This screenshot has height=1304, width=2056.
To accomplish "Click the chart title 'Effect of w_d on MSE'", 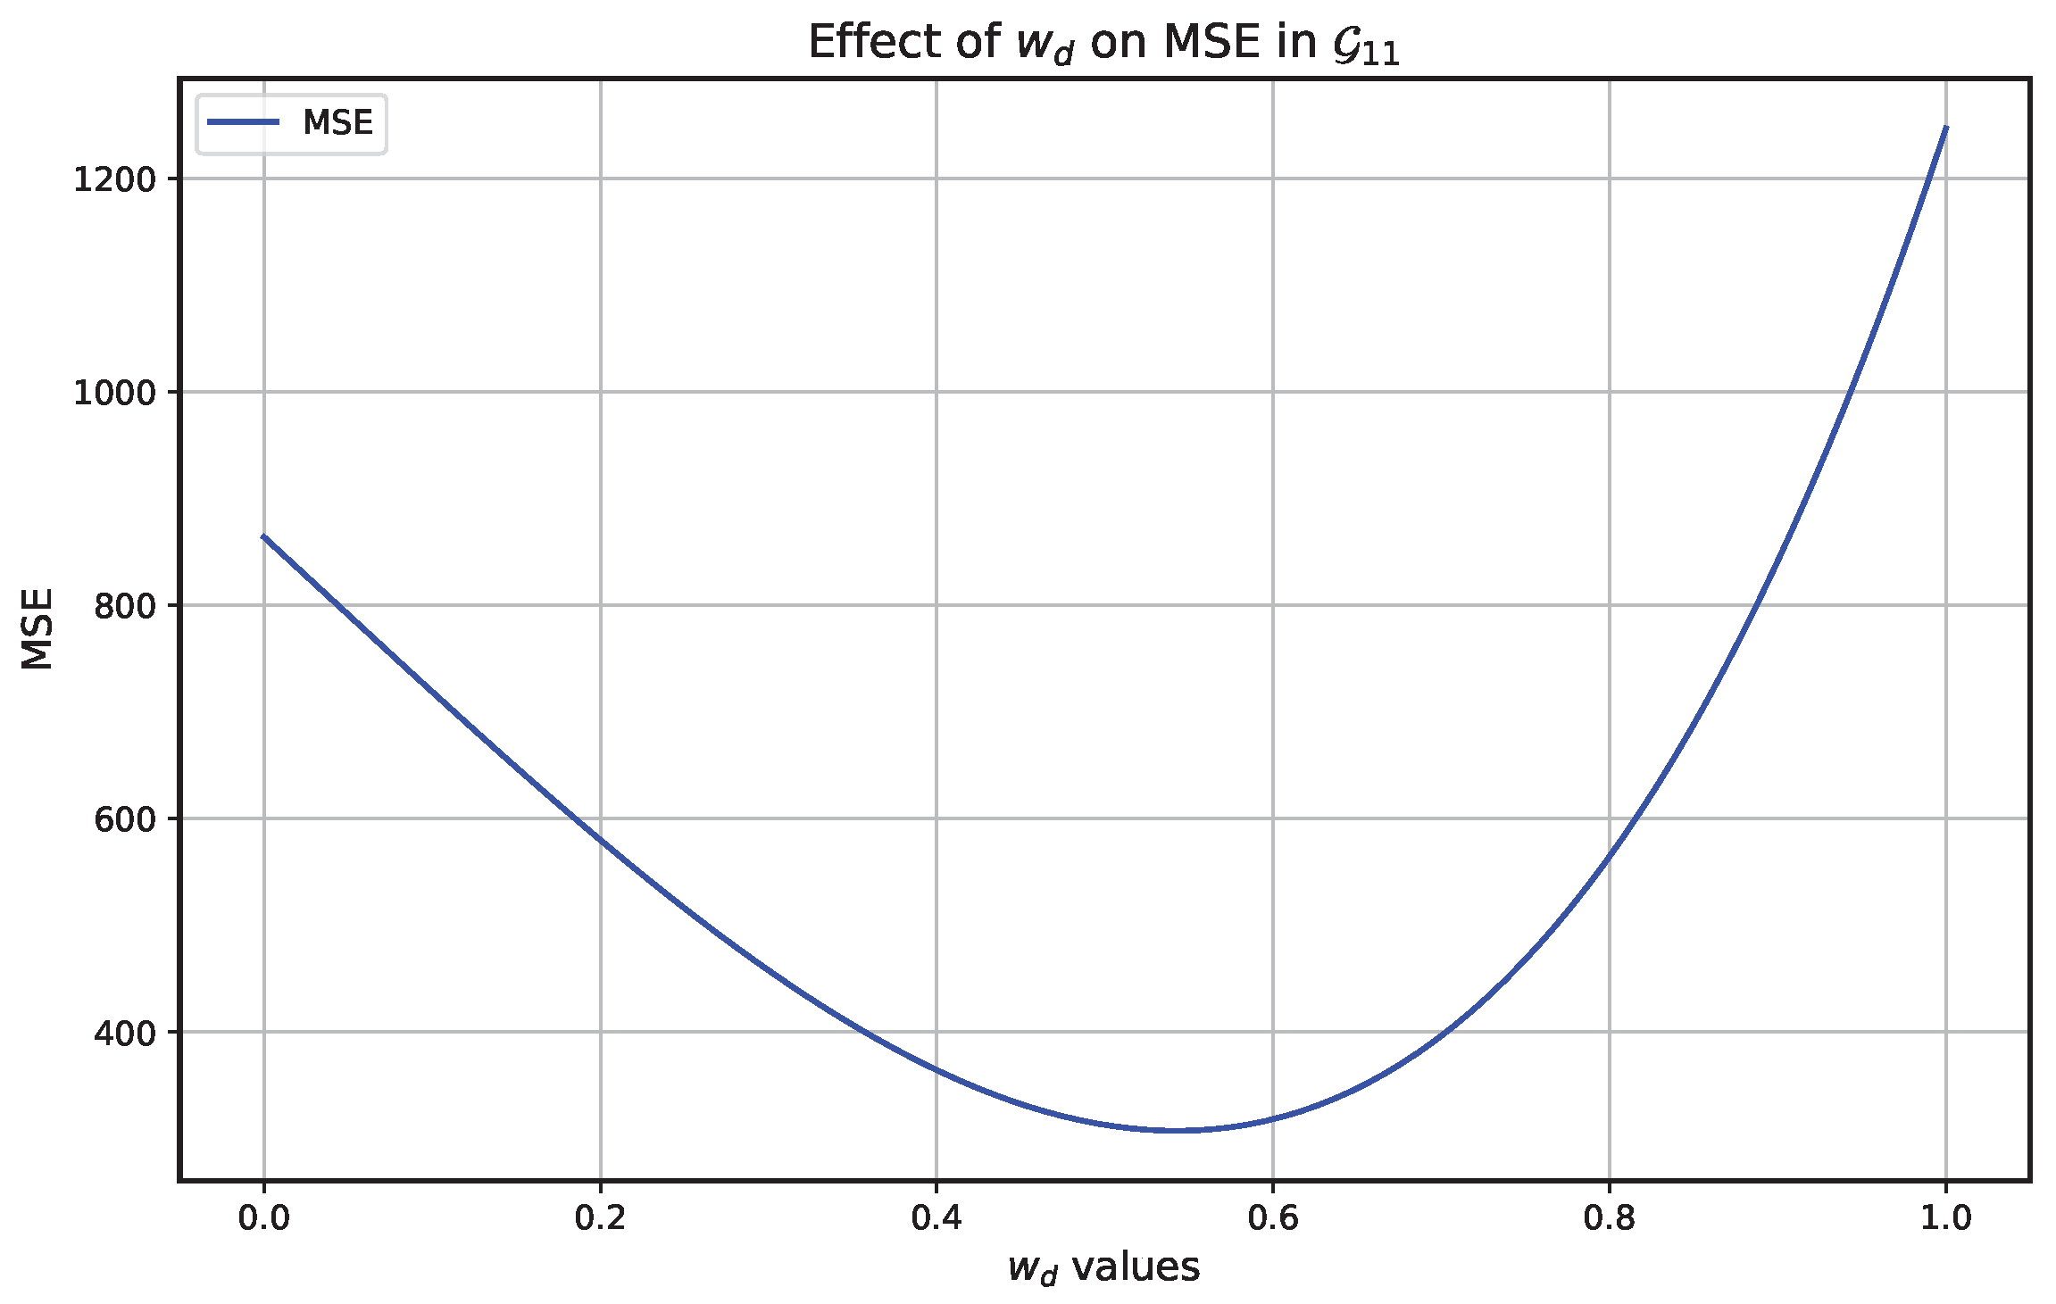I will click(x=1103, y=43).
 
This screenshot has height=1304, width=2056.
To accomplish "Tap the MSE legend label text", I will click(x=337, y=123).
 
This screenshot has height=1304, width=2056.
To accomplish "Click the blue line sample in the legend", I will click(x=243, y=122).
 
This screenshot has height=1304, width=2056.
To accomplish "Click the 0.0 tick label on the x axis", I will click(x=263, y=1218).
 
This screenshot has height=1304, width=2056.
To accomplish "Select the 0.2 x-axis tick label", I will click(x=600, y=1218).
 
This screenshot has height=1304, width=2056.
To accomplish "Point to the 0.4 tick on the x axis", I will click(x=936, y=1218).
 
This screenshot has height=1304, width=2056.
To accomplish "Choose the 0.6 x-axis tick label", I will click(x=1273, y=1218).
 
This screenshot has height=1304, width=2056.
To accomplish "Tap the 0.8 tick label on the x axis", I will click(x=1610, y=1218).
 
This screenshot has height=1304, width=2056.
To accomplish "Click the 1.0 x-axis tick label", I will click(x=1946, y=1218).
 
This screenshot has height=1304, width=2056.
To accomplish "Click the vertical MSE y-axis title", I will click(x=37, y=627).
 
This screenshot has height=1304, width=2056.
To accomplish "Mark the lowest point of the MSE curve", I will click(x=1178, y=1130).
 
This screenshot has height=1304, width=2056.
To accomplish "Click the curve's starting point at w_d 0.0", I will click(x=263, y=536).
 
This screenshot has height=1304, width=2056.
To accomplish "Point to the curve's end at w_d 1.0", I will click(x=1946, y=128).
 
